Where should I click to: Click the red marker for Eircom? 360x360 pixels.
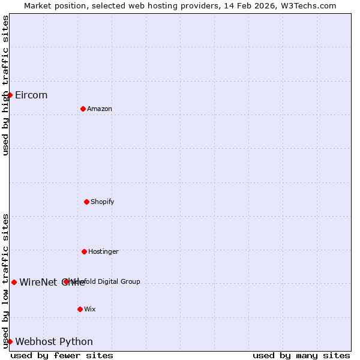pos(10,95)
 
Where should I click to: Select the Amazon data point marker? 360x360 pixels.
pos(83,109)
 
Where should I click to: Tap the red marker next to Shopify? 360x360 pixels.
pos(86,202)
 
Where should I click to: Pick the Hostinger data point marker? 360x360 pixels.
pos(84,251)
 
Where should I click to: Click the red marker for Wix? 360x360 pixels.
pos(80,309)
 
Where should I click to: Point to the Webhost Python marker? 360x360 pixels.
pos(10,341)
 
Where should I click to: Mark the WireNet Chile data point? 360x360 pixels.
pos(14,282)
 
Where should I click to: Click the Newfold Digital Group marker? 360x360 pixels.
pos(66,281)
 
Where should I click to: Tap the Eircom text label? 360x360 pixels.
pos(31,95)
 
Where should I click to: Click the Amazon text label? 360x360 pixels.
pos(100,109)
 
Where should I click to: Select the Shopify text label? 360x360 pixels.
pos(103,202)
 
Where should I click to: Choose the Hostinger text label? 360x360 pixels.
pos(104,251)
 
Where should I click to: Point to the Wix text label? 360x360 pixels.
pos(90,309)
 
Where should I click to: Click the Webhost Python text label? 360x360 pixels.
pos(54,341)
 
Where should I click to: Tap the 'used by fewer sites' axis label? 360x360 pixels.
pos(62,355)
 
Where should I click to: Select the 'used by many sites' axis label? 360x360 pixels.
pos(301,355)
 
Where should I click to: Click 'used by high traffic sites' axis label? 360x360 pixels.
pos(5,85)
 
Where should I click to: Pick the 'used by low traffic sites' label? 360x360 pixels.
pos(5,280)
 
